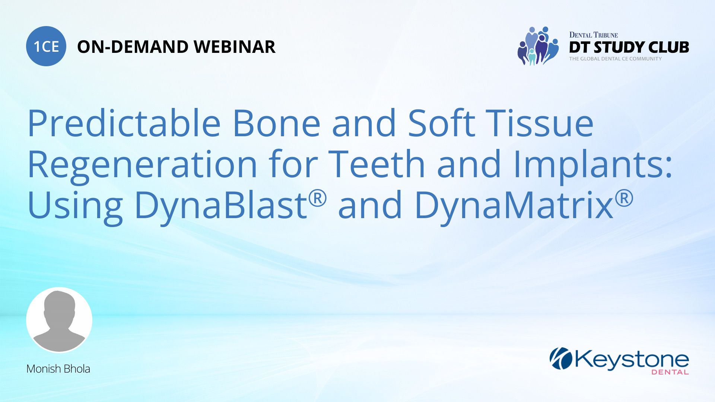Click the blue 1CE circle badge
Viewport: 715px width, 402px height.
tap(46, 46)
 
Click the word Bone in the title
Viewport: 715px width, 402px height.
tap(276, 123)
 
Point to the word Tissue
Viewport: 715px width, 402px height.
tap(541, 123)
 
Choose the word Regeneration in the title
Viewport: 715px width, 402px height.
tap(142, 165)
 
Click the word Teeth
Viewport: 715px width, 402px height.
tap(376, 164)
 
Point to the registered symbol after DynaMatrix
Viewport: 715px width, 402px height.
tap(624, 198)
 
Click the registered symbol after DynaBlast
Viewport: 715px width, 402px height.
tap(318, 198)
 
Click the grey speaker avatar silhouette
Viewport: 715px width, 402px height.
tap(59, 320)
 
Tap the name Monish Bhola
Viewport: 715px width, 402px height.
tap(58, 369)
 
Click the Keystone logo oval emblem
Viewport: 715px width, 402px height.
tap(561, 358)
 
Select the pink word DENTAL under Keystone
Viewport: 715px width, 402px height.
tap(670, 372)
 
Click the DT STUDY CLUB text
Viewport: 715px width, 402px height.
tap(629, 47)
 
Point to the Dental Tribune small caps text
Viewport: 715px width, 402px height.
tap(593, 35)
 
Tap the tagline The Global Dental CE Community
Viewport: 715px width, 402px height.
tap(615, 59)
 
